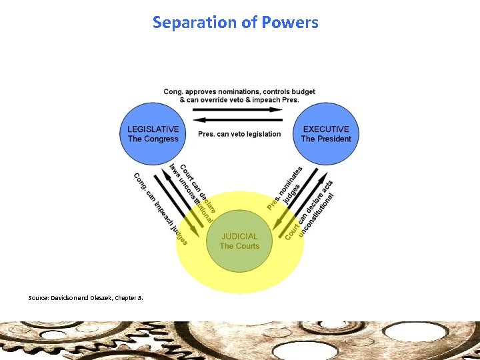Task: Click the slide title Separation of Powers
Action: point(235,22)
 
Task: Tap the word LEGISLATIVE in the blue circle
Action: point(153,129)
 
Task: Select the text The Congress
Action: point(153,139)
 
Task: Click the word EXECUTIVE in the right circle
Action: point(326,129)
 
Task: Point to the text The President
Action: point(326,139)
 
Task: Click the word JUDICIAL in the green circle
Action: point(239,236)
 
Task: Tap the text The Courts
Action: point(239,246)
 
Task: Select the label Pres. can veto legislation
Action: point(239,134)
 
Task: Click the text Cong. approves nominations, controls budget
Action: point(239,91)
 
